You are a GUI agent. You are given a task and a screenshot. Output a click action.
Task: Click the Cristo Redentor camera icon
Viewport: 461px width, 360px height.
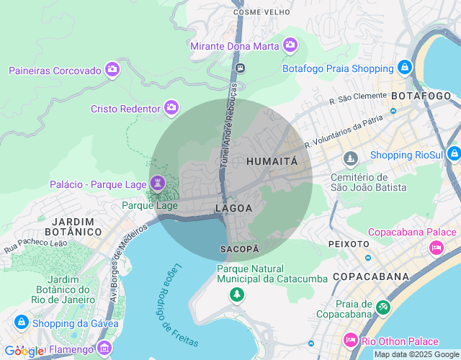point(171,107)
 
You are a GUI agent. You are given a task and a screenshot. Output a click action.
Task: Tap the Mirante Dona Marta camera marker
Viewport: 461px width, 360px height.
point(290,45)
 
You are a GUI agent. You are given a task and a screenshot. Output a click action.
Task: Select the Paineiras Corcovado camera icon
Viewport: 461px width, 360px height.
point(112,69)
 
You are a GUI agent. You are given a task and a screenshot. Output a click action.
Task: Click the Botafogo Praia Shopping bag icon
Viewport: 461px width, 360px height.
point(405,68)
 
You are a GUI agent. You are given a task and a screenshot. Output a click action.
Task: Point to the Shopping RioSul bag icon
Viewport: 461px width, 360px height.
point(453,154)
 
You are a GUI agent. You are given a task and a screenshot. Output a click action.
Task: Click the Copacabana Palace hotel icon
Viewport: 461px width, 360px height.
point(436,248)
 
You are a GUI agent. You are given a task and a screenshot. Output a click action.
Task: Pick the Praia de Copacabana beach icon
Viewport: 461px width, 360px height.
point(382,307)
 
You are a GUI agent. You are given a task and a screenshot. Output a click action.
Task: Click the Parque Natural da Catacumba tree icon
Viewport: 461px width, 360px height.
point(236,294)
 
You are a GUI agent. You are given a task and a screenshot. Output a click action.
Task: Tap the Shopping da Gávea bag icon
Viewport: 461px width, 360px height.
point(21,322)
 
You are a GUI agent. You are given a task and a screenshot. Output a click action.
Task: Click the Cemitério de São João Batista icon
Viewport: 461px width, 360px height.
point(351,158)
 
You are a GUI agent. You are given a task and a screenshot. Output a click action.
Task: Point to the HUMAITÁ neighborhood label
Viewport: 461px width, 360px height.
point(272,162)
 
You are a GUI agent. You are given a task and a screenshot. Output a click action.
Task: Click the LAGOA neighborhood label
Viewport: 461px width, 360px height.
point(233,208)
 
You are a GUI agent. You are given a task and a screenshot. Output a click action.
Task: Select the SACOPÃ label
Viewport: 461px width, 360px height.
point(239,248)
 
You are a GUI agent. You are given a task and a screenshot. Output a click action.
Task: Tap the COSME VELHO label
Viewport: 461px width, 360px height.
point(262,12)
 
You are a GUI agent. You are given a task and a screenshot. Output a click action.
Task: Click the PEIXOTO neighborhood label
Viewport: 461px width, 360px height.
point(349,244)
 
